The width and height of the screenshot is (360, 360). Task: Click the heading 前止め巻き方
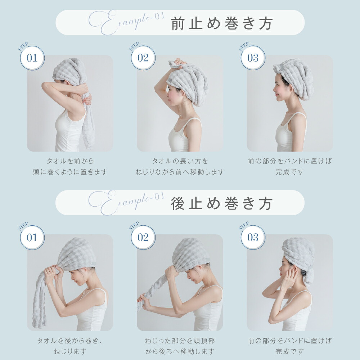(222, 23)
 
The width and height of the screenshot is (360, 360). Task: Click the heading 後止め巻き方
(222, 203)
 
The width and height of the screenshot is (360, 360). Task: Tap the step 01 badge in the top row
(32, 58)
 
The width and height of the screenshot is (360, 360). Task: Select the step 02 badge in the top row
(143, 58)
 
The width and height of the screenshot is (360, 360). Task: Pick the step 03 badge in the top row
(253, 58)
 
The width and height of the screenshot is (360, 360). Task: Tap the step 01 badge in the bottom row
(32, 238)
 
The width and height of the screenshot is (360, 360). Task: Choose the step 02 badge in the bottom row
(143, 238)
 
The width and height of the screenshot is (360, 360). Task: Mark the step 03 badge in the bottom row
(253, 238)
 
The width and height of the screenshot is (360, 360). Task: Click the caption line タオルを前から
(70, 161)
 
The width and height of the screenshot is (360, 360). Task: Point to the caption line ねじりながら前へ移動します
(180, 172)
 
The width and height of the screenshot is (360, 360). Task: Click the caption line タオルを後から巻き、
(70, 341)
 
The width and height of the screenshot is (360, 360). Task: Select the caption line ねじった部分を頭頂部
(180, 341)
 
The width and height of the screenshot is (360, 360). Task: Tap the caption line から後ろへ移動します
(180, 351)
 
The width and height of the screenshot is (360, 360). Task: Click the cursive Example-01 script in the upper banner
(127, 22)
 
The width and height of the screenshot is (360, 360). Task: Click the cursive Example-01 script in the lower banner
(127, 202)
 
